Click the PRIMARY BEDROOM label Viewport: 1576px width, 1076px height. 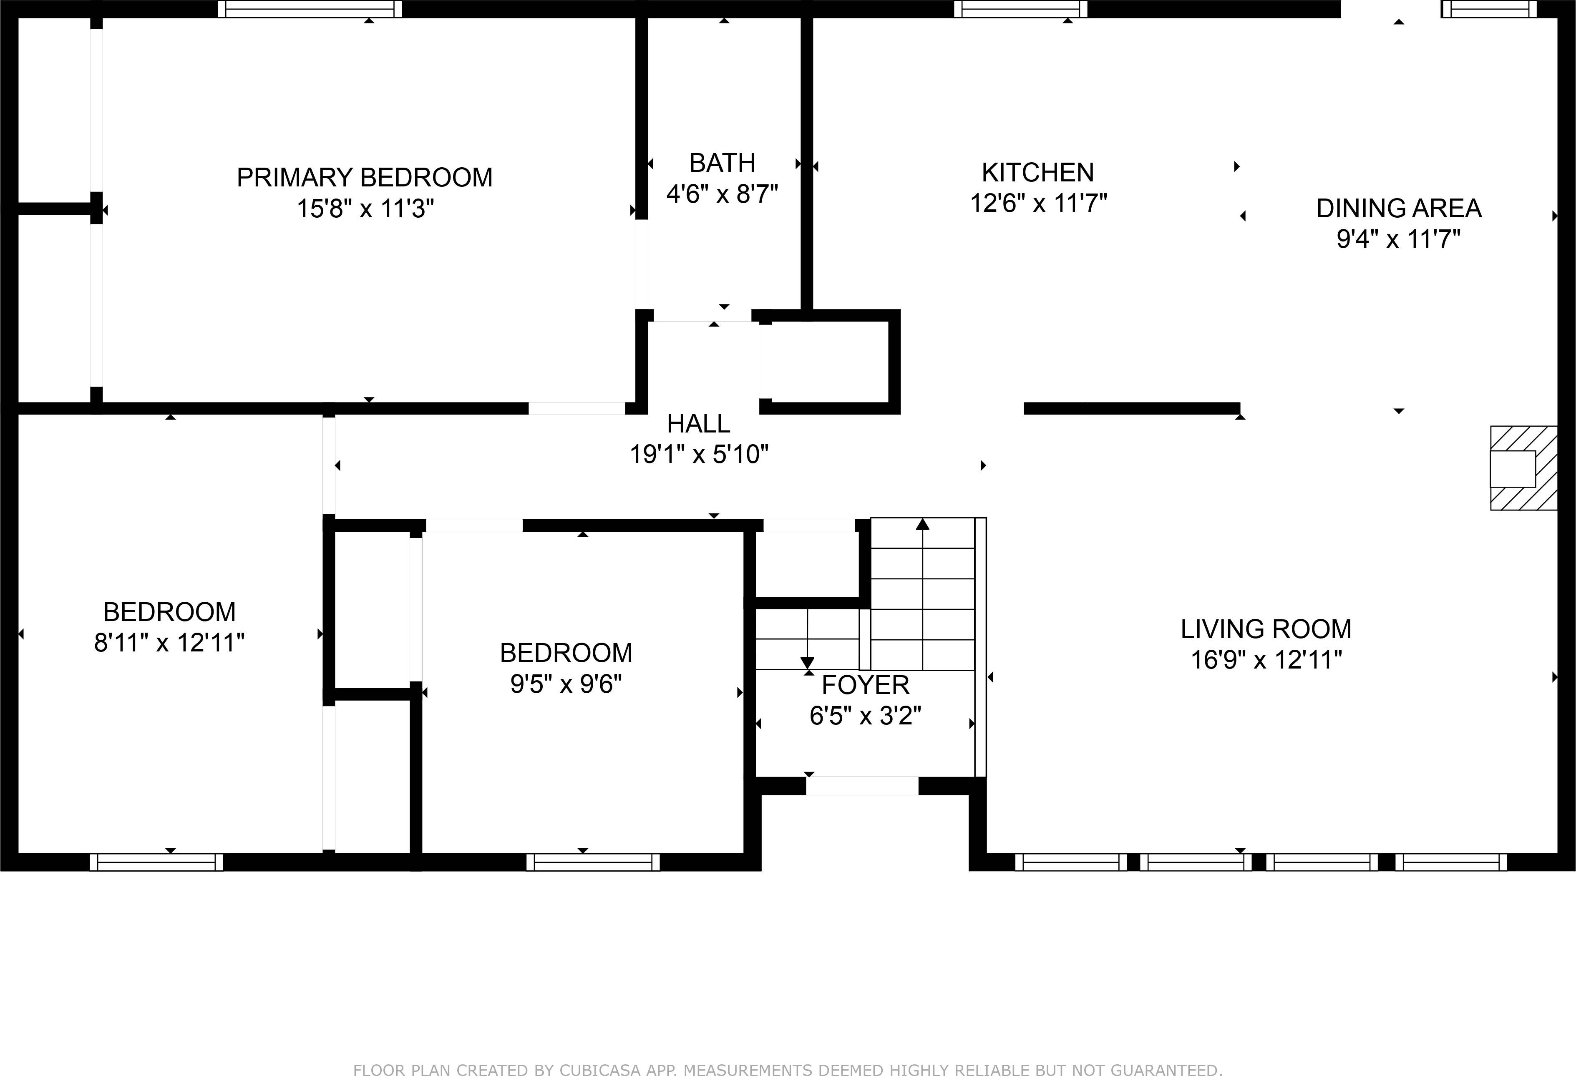(364, 178)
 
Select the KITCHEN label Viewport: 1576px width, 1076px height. (1037, 173)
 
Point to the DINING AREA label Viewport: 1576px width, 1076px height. (1398, 208)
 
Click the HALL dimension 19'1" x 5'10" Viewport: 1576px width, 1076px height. (699, 454)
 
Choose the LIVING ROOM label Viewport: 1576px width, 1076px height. (1265, 629)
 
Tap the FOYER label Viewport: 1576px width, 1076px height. (865, 686)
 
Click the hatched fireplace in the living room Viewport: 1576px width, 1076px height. (1523, 468)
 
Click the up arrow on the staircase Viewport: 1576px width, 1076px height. (922, 524)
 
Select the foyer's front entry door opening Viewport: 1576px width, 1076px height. (862, 786)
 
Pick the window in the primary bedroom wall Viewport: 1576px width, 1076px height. (309, 9)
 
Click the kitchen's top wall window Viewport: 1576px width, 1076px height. (1021, 9)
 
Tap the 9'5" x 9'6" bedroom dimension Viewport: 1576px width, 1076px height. (566, 684)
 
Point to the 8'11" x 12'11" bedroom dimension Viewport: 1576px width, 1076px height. (169, 642)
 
